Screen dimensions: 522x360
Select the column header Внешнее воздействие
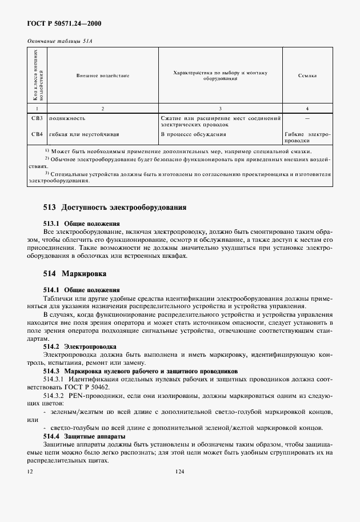[102, 75]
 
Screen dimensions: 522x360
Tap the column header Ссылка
[307, 75]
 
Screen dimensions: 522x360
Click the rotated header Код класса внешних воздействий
[37, 75]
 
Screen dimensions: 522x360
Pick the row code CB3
[37, 118]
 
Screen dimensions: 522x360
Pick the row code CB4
[37, 134]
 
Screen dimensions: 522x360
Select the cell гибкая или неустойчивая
[84, 134]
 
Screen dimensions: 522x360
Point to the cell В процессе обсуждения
[193, 134]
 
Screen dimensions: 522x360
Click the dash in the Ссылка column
[307, 118]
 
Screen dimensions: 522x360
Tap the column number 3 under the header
[221, 108]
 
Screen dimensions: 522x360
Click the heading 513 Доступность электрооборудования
[115, 207]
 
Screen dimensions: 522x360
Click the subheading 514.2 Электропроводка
[80, 346]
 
